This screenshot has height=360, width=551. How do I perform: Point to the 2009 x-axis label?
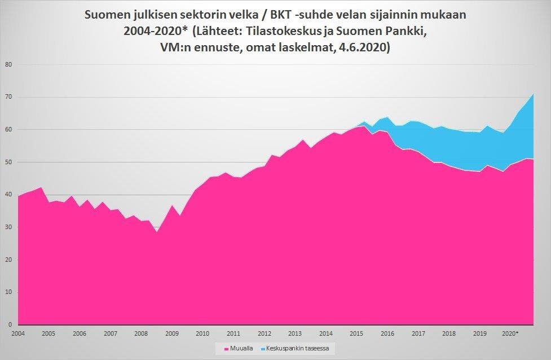click(x=171, y=333)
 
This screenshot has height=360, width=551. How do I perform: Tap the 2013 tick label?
click(x=294, y=333)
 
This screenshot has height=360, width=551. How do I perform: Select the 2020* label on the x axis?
click(x=510, y=333)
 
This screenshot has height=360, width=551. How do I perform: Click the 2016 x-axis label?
click(x=387, y=333)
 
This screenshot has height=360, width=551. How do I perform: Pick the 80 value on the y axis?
click(x=8, y=64)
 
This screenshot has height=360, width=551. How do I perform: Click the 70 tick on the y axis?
click(x=8, y=97)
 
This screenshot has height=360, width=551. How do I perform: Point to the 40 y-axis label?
click(x=8, y=195)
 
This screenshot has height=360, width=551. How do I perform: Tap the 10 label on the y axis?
click(x=8, y=292)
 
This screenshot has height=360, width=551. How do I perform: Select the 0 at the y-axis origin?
click(x=10, y=325)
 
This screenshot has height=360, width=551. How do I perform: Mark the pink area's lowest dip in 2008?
click(x=156, y=232)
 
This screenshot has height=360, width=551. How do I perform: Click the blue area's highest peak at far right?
click(x=533, y=93)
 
